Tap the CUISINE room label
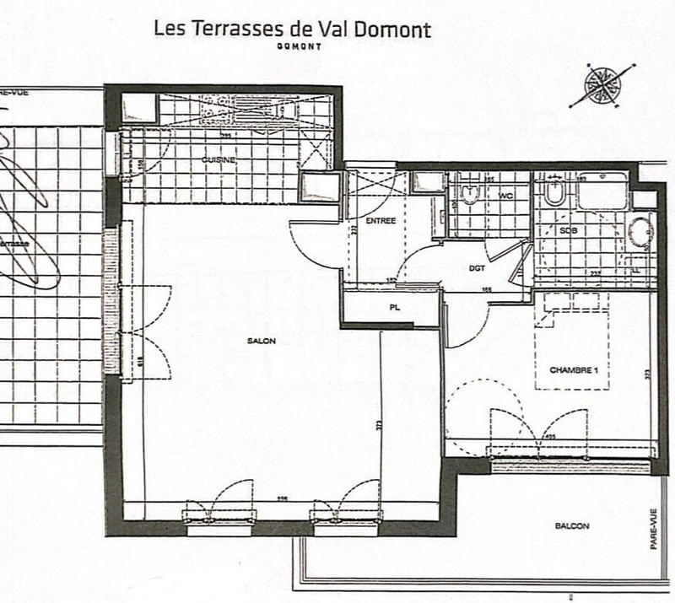(219, 159)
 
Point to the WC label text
(506, 196)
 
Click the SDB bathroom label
(567, 229)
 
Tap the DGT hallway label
(477, 268)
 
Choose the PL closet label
(394, 308)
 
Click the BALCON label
(572, 525)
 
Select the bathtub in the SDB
(602, 191)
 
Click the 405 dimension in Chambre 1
(550, 437)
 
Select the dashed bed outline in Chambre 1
(571, 346)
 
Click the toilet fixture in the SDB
(554, 193)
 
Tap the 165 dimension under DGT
(487, 289)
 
